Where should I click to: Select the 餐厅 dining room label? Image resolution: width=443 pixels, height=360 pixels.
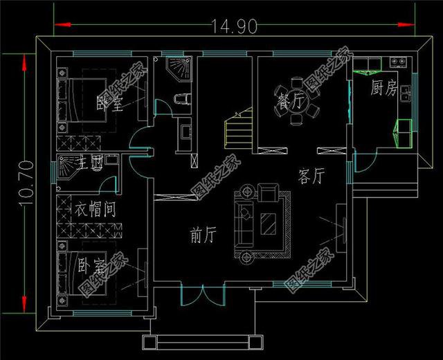pyautogui.click(x=291, y=101)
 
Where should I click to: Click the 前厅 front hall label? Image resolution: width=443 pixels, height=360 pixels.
pyautogui.click(x=203, y=236)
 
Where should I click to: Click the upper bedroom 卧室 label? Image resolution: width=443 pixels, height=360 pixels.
pyautogui.click(x=109, y=104)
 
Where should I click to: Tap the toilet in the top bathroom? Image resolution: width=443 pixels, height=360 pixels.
pyautogui.click(x=182, y=100)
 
